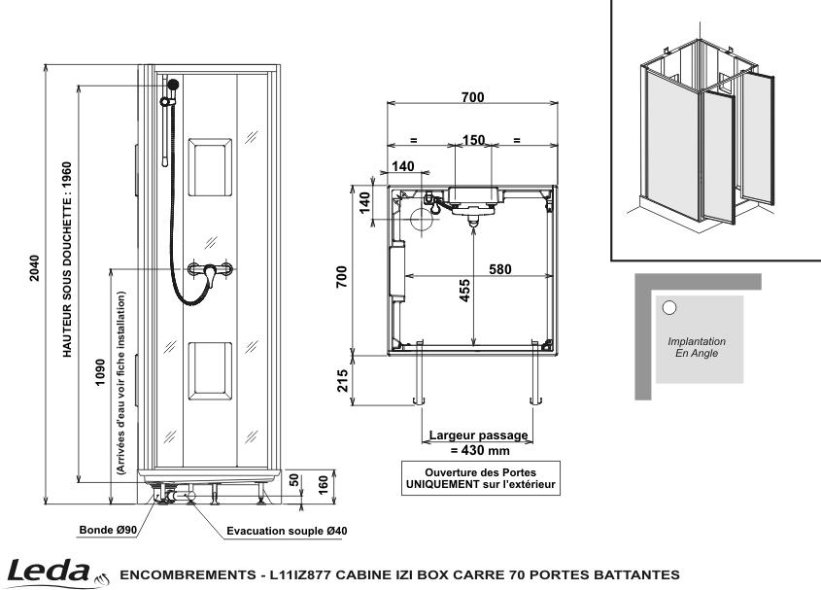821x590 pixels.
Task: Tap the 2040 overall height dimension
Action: (x=35, y=267)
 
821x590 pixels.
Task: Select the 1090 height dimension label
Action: (x=100, y=372)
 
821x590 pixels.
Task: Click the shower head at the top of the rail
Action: (x=172, y=84)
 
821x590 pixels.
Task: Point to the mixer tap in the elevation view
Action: (x=210, y=270)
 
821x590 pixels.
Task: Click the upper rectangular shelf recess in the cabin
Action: (x=210, y=168)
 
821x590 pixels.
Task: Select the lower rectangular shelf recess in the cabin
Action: (x=210, y=371)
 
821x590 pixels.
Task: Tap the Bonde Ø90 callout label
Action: (x=108, y=530)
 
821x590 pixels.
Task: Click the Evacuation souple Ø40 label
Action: (x=287, y=531)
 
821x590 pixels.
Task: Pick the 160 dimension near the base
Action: (x=324, y=484)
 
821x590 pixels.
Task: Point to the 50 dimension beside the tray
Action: (x=294, y=480)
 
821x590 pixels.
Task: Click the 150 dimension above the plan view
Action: (x=473, y=140)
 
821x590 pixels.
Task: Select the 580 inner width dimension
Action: (x=500, y=269)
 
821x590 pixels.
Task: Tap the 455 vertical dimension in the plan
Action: (x=464, y=291)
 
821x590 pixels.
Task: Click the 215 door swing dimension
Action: (x=342, y=381)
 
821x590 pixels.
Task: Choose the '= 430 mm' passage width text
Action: (x=480, y=451)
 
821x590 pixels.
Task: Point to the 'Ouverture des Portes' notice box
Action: (x=481, y=478)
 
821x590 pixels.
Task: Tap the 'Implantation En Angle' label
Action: (x=697, y=347)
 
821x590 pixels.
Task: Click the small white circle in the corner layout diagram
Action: (x=669, y=307)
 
